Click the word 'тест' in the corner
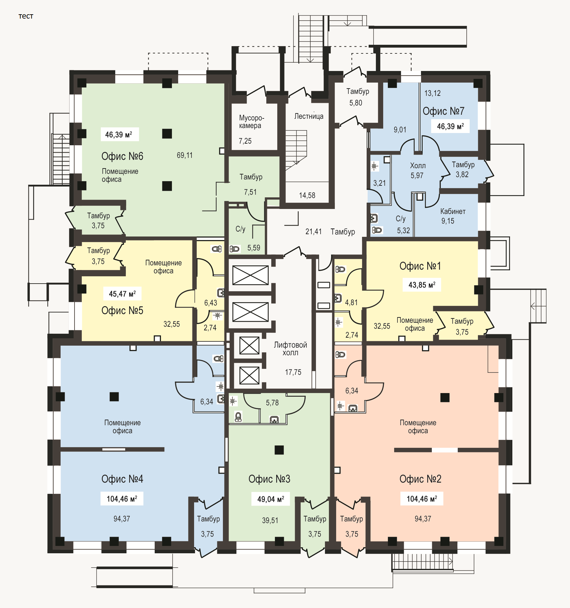point(26,16)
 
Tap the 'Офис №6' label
point(122,156)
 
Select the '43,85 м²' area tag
point(422,285)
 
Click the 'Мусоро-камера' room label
point(251,122)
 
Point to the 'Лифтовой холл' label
point(290,349)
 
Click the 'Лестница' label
point(309,116)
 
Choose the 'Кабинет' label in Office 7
point(453,212)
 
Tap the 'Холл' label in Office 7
point(418,166)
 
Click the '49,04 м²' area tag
point(271,499)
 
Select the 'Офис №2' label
point(420,479)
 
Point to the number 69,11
point(184,155)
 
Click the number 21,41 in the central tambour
point(313,232)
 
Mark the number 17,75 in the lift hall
point(293,372)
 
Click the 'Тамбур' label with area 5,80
point(358,91)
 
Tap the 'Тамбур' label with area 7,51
point(251,177)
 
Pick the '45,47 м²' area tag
point(122,294)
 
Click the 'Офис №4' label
point(122,479)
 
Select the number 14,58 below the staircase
point(307,195)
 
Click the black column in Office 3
point(279,450)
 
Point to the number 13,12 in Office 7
point(433,93)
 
